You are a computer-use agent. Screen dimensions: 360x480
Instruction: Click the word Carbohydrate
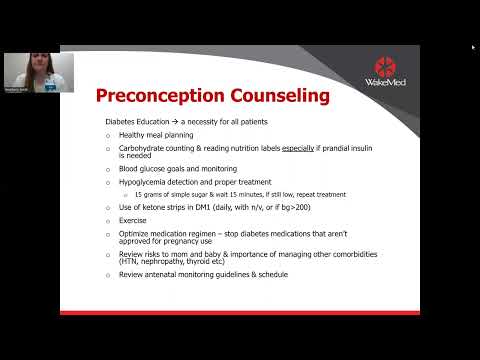(143, 148)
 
